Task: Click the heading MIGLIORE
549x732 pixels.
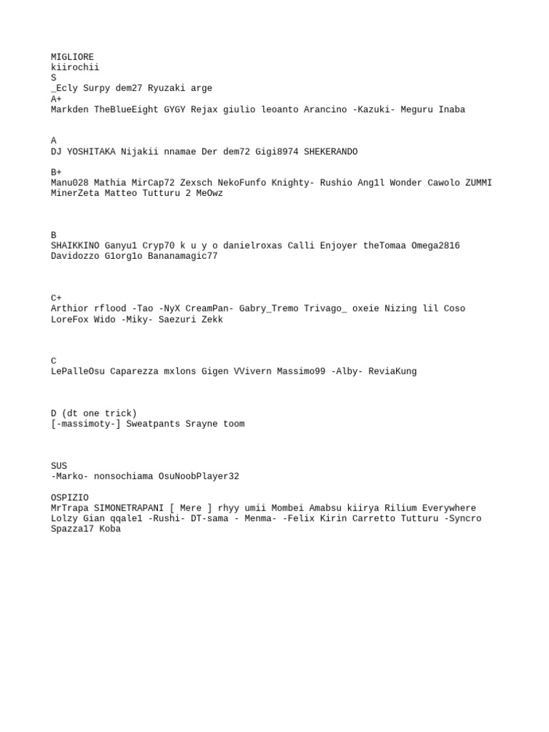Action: (72, 57)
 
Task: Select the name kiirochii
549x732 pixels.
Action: (75, 68)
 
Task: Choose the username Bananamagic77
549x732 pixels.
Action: (182, 256)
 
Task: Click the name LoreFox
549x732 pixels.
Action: (69, 320)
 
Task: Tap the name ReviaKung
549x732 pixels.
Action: (392, 372)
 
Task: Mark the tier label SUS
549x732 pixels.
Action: (59, 466)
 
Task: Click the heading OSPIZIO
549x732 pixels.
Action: (69, 498)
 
